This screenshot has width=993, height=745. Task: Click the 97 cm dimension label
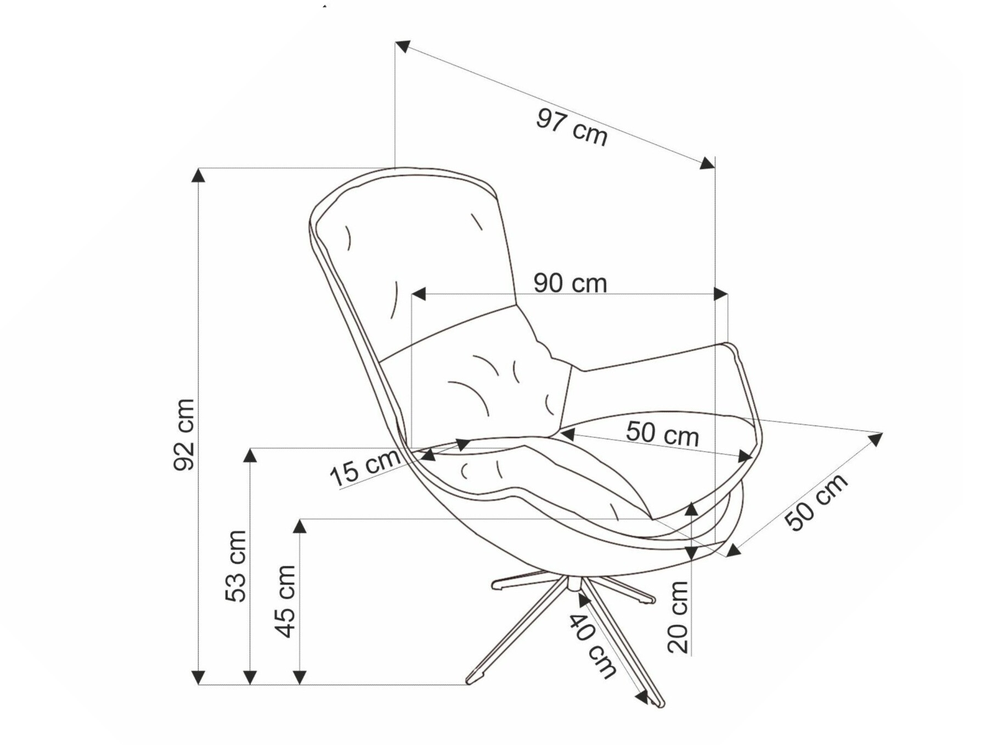572,128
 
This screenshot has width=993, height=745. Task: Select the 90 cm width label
570,283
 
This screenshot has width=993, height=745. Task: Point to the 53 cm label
236,566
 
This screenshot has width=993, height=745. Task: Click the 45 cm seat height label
285,601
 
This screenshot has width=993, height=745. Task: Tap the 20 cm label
678,617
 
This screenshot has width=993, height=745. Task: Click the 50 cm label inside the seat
662,433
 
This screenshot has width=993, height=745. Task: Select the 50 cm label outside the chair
816,502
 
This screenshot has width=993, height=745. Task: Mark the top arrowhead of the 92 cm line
198,175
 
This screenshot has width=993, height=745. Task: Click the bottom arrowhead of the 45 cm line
300,677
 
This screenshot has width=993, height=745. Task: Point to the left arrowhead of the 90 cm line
419,294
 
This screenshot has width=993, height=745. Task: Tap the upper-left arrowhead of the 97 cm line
403,46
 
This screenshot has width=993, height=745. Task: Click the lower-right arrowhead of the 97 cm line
708,163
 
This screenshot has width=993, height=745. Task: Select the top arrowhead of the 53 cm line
250,455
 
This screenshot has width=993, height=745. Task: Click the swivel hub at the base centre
574,584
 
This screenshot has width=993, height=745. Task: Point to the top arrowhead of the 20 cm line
692,509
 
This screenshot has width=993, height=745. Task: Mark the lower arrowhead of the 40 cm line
641,698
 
